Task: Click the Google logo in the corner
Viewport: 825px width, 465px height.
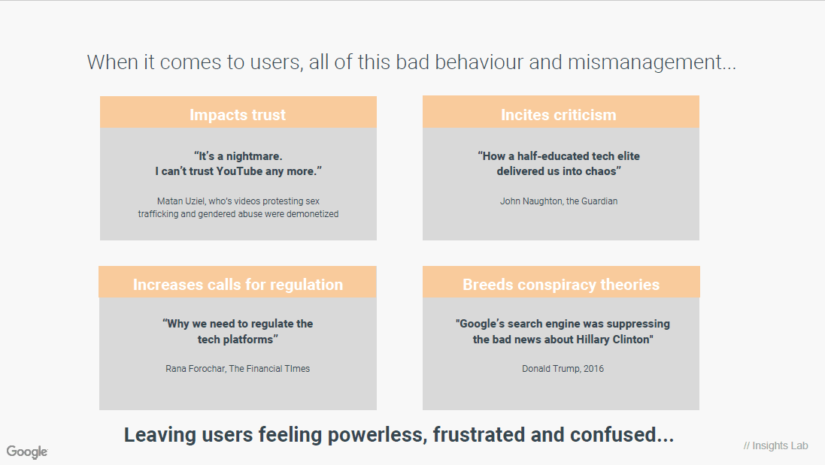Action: tap(27, 452)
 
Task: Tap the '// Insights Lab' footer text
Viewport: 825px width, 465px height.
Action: tap(775, 445)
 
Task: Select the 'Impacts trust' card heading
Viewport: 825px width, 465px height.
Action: tap(238, 114)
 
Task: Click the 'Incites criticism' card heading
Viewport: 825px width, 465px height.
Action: tap(558, 114)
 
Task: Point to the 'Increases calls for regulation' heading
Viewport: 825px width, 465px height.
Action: tap(238, 284)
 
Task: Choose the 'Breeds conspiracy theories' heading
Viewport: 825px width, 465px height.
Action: tap(561, 284)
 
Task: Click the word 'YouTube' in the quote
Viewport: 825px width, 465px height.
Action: tap(239, 171)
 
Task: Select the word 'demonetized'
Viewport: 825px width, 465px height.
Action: tap(313, 214)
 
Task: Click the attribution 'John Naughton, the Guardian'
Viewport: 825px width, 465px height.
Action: tap(559, 201)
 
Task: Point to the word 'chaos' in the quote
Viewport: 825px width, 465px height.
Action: tap(600, 171)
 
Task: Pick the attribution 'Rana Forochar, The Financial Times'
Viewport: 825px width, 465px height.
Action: tap(238, 369)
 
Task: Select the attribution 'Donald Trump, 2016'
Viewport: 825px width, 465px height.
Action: tap(563, 369)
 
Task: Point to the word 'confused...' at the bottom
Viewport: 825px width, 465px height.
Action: tap(622, 435)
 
